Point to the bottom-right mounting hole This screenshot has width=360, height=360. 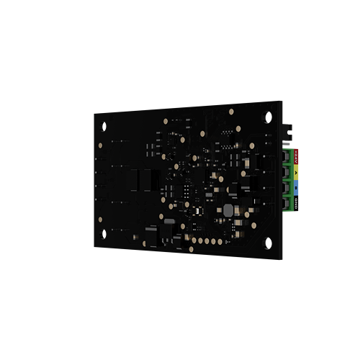tap(268, 243)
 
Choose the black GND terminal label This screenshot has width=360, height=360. tap(299, 204)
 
